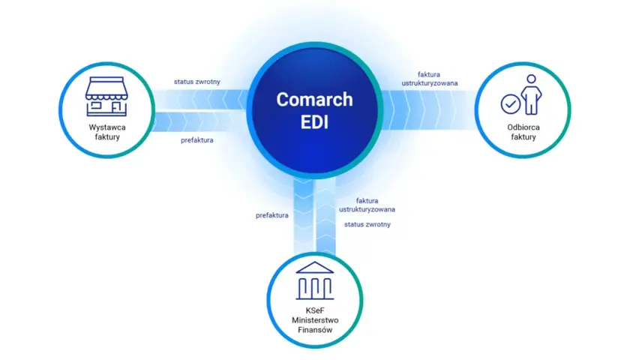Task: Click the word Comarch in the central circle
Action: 314,100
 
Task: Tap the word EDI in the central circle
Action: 314,121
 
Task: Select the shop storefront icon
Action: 106,97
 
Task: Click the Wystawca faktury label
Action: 107,132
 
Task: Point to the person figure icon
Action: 531,94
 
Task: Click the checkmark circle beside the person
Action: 511,104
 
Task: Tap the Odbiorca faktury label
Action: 523,132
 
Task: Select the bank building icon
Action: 315,280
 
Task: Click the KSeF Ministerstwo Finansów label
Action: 315,320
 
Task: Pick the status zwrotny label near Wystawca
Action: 196,82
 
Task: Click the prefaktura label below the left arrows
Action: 196,140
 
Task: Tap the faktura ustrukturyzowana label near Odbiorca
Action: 430,79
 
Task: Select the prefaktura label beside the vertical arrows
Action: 272,215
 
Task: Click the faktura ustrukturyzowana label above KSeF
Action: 367,205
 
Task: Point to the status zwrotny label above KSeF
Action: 367,224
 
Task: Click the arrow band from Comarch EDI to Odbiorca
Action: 429,109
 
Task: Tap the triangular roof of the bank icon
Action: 315,268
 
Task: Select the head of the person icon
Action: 531,79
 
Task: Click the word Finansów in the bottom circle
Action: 315,330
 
